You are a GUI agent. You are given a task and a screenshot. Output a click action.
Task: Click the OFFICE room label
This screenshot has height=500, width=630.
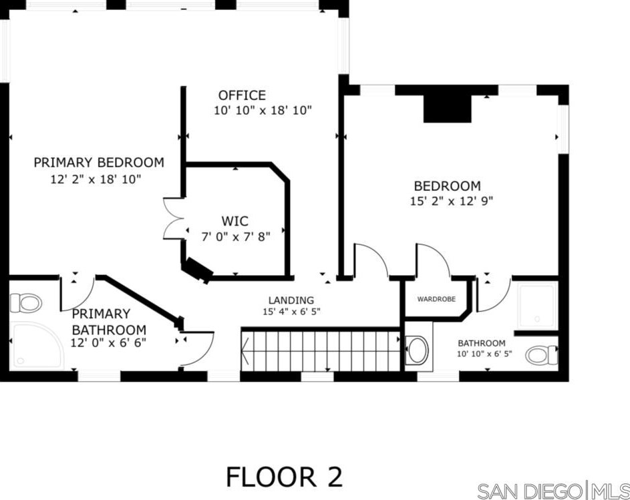(241, 95)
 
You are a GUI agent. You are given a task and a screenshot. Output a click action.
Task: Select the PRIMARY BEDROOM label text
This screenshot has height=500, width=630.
(99, 162)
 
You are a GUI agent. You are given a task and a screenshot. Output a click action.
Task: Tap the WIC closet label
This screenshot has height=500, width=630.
(235, 221)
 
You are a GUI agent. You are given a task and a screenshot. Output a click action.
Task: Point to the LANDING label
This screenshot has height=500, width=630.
(291, 300)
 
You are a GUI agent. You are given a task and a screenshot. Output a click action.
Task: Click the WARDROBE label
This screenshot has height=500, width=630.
(436, 299)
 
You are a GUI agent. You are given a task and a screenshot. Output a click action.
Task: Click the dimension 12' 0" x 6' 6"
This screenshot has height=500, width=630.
(108, 343)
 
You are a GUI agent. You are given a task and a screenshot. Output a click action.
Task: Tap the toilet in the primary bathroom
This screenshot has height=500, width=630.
(25, 303)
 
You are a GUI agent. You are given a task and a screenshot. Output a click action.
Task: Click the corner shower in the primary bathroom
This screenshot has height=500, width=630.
(35, 345)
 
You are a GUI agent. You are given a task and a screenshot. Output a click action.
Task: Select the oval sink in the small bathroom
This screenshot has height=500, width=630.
(418, 350)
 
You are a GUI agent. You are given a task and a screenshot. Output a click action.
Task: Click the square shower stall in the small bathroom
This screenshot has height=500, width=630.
(536, 306)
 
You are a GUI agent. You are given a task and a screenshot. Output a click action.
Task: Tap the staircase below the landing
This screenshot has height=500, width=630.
(321, 350)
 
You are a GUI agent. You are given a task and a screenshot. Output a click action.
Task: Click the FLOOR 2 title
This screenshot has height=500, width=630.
(284, 477)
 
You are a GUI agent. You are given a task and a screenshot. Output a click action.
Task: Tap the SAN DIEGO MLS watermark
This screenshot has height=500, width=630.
(553, 490)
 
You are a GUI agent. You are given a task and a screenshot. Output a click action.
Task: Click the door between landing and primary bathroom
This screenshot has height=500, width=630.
(196, 347)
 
